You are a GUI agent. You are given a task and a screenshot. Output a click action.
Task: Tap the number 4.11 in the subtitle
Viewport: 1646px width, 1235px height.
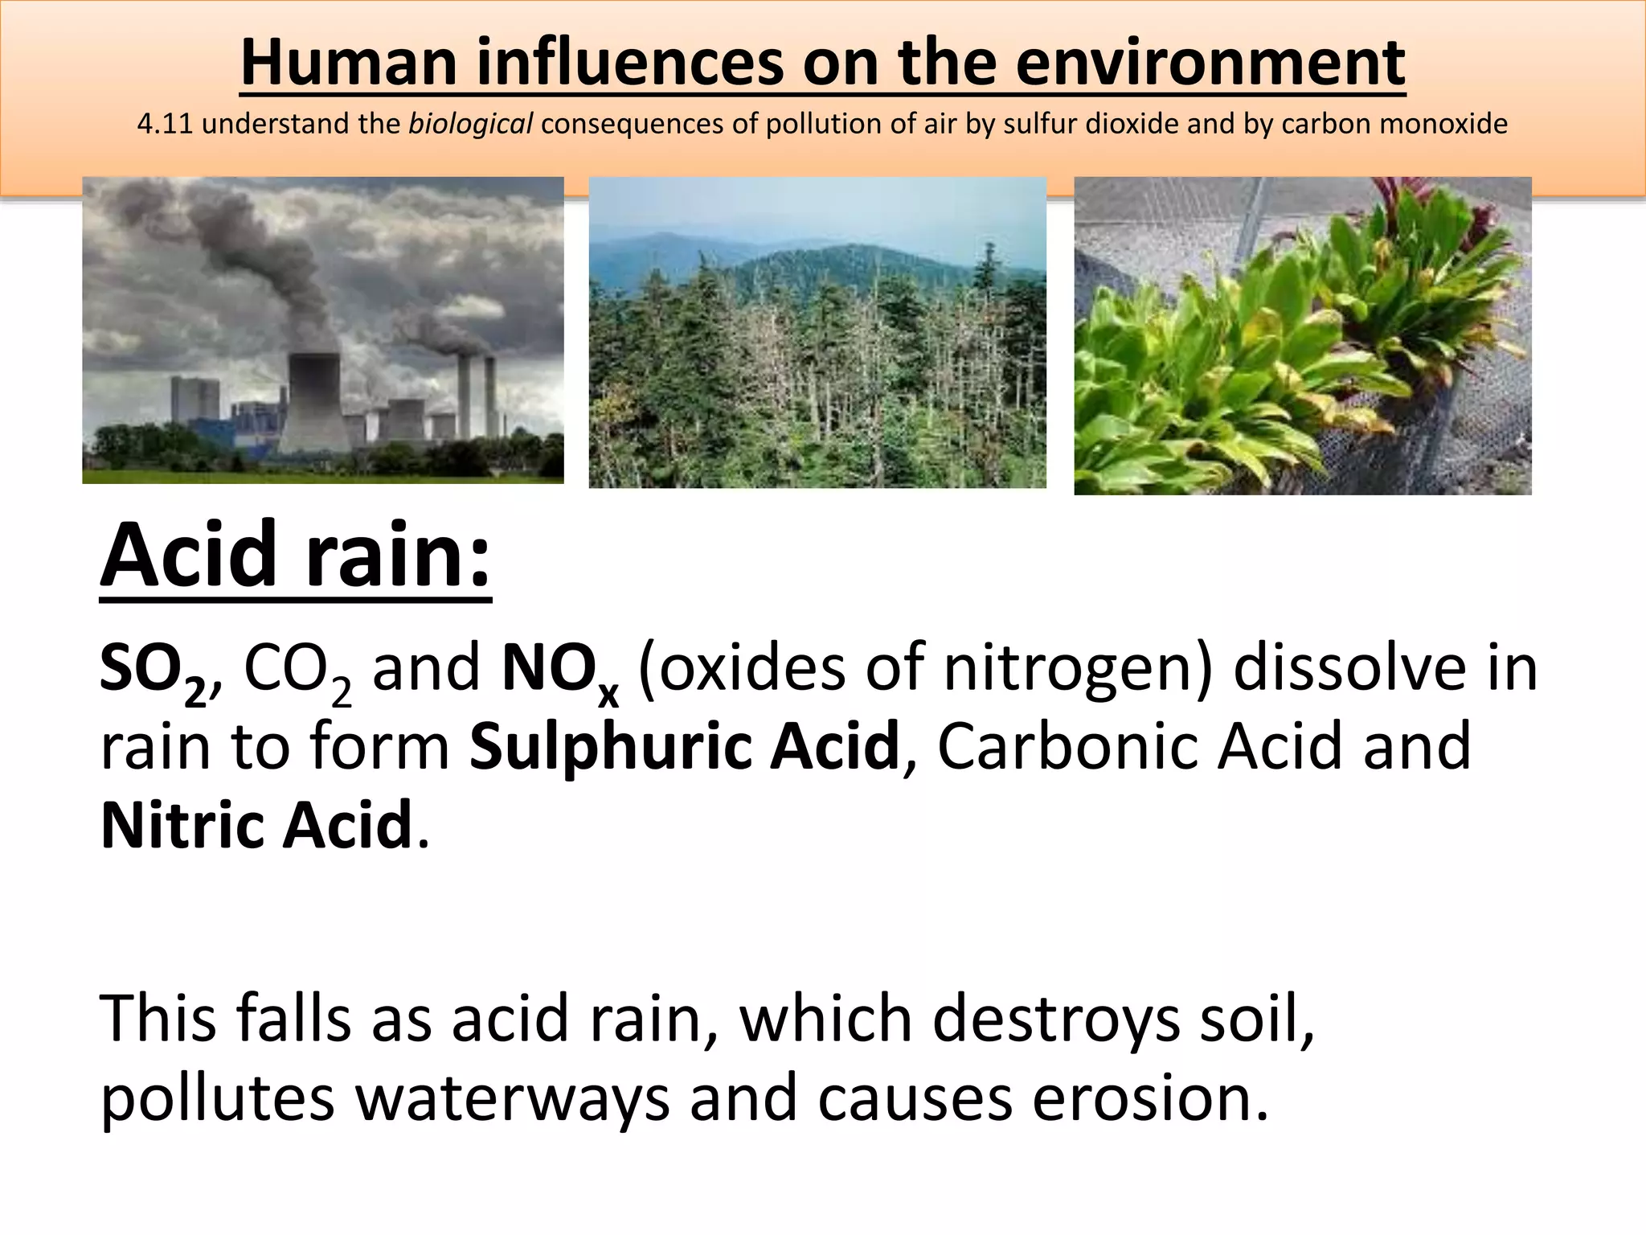pyautogui.click(x=164, y=124)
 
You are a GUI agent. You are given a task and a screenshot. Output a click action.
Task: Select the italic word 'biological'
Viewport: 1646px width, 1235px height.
pyautogui.click(x=471, y=125)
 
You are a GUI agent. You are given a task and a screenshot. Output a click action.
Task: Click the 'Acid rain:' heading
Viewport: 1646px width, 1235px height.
pyautogui.click(x=295, y=556)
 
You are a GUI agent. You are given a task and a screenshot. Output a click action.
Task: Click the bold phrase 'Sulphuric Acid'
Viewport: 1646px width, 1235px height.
pyautogui.click(x=684, y=746)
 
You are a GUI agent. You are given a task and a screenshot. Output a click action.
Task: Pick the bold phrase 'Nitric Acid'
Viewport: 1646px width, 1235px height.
pyautogui.click(x=256, y=825)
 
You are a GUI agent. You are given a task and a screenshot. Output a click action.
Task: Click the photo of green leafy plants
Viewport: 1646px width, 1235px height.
pyautogui.click(x=1302, y=335)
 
